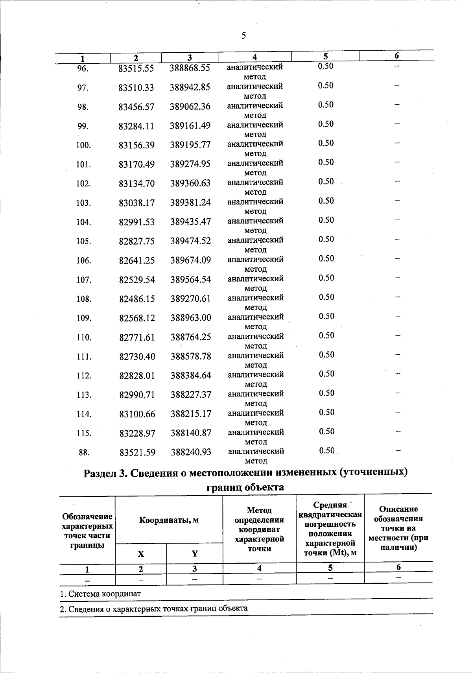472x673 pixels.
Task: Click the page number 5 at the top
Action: (243, 36)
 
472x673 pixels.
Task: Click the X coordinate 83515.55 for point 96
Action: (136, 68)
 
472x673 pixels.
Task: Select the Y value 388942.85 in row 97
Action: (190, 87)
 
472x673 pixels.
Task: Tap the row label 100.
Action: (83, 146)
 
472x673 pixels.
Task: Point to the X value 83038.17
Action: (136, 203)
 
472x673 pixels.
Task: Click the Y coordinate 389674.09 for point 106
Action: (190, 260)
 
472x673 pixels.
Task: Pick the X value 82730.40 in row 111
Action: (137, 357)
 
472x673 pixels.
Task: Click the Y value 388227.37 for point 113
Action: (191, 395)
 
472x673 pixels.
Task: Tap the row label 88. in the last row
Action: (84, 453)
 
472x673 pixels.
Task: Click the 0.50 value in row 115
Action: (326, 431)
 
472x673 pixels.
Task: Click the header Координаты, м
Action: (169, 520)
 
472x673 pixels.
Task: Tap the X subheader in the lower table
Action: (140, 554)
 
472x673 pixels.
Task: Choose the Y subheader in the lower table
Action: (194, 554)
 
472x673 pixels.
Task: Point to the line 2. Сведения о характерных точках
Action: (153, 608)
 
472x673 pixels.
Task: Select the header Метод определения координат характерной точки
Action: (259, 529)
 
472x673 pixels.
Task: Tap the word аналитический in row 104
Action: (255, 221)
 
